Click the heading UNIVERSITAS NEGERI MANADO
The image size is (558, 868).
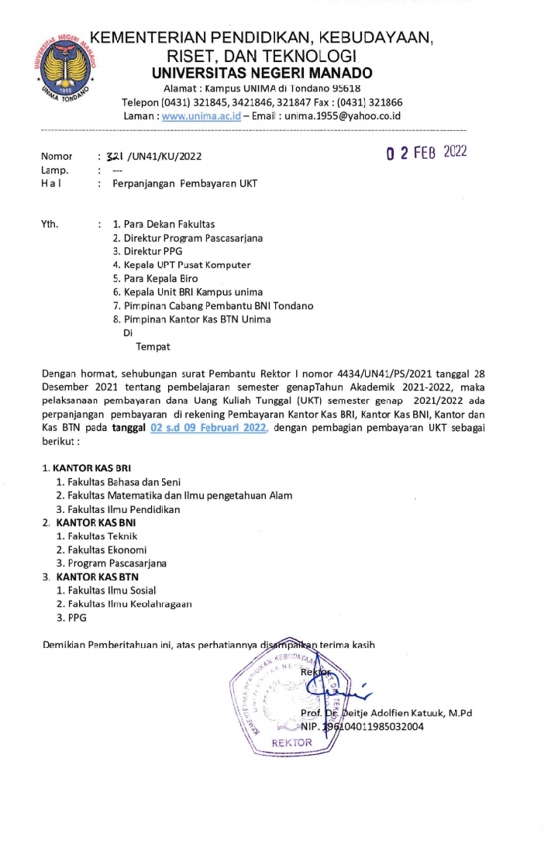click(263, 74)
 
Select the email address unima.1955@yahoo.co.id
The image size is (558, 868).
click(343, 115)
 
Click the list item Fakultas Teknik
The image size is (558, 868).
click(97, 536)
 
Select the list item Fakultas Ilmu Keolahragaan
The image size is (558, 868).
click(125, 604)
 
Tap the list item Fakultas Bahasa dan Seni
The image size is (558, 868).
click(117, 482)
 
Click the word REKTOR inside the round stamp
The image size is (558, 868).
click(291, 742)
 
